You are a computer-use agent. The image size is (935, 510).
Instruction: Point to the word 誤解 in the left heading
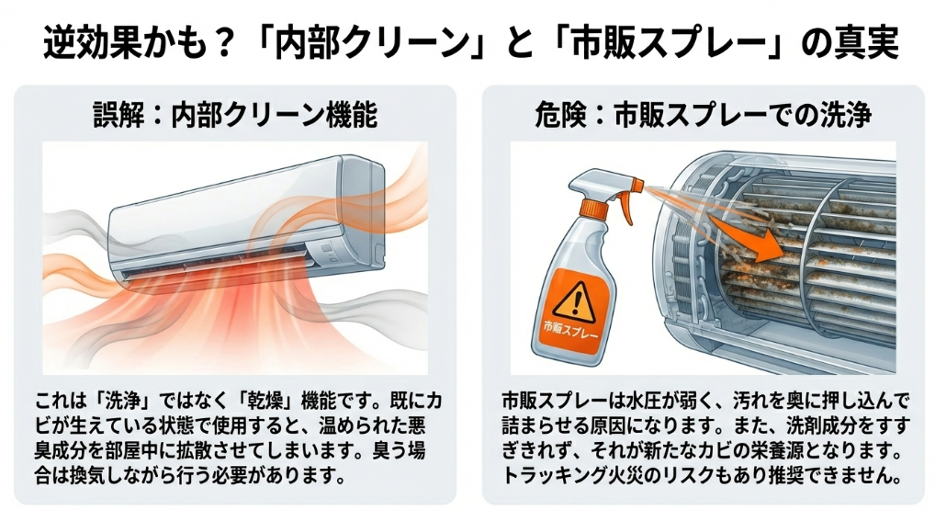[118, 114]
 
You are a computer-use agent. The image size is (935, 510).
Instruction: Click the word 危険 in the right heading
[560, 114]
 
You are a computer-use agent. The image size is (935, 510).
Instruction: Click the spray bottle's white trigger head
[602, 183]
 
